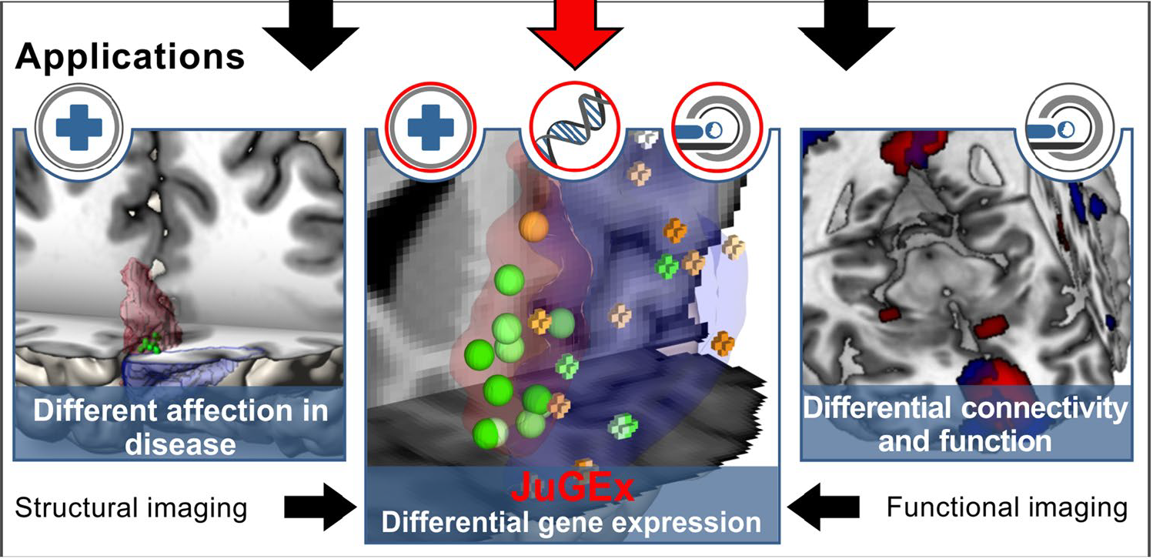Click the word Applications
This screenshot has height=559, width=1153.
(x=130, y=56)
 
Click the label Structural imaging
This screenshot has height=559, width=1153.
(x=132, y=508)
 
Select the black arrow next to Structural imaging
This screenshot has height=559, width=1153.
(x=316, y=507)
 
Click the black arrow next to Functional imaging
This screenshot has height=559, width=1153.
(x=822, y=507)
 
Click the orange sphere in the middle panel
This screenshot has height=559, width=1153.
(x=534, y=226)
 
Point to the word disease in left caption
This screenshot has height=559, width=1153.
(x=181, y=444)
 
